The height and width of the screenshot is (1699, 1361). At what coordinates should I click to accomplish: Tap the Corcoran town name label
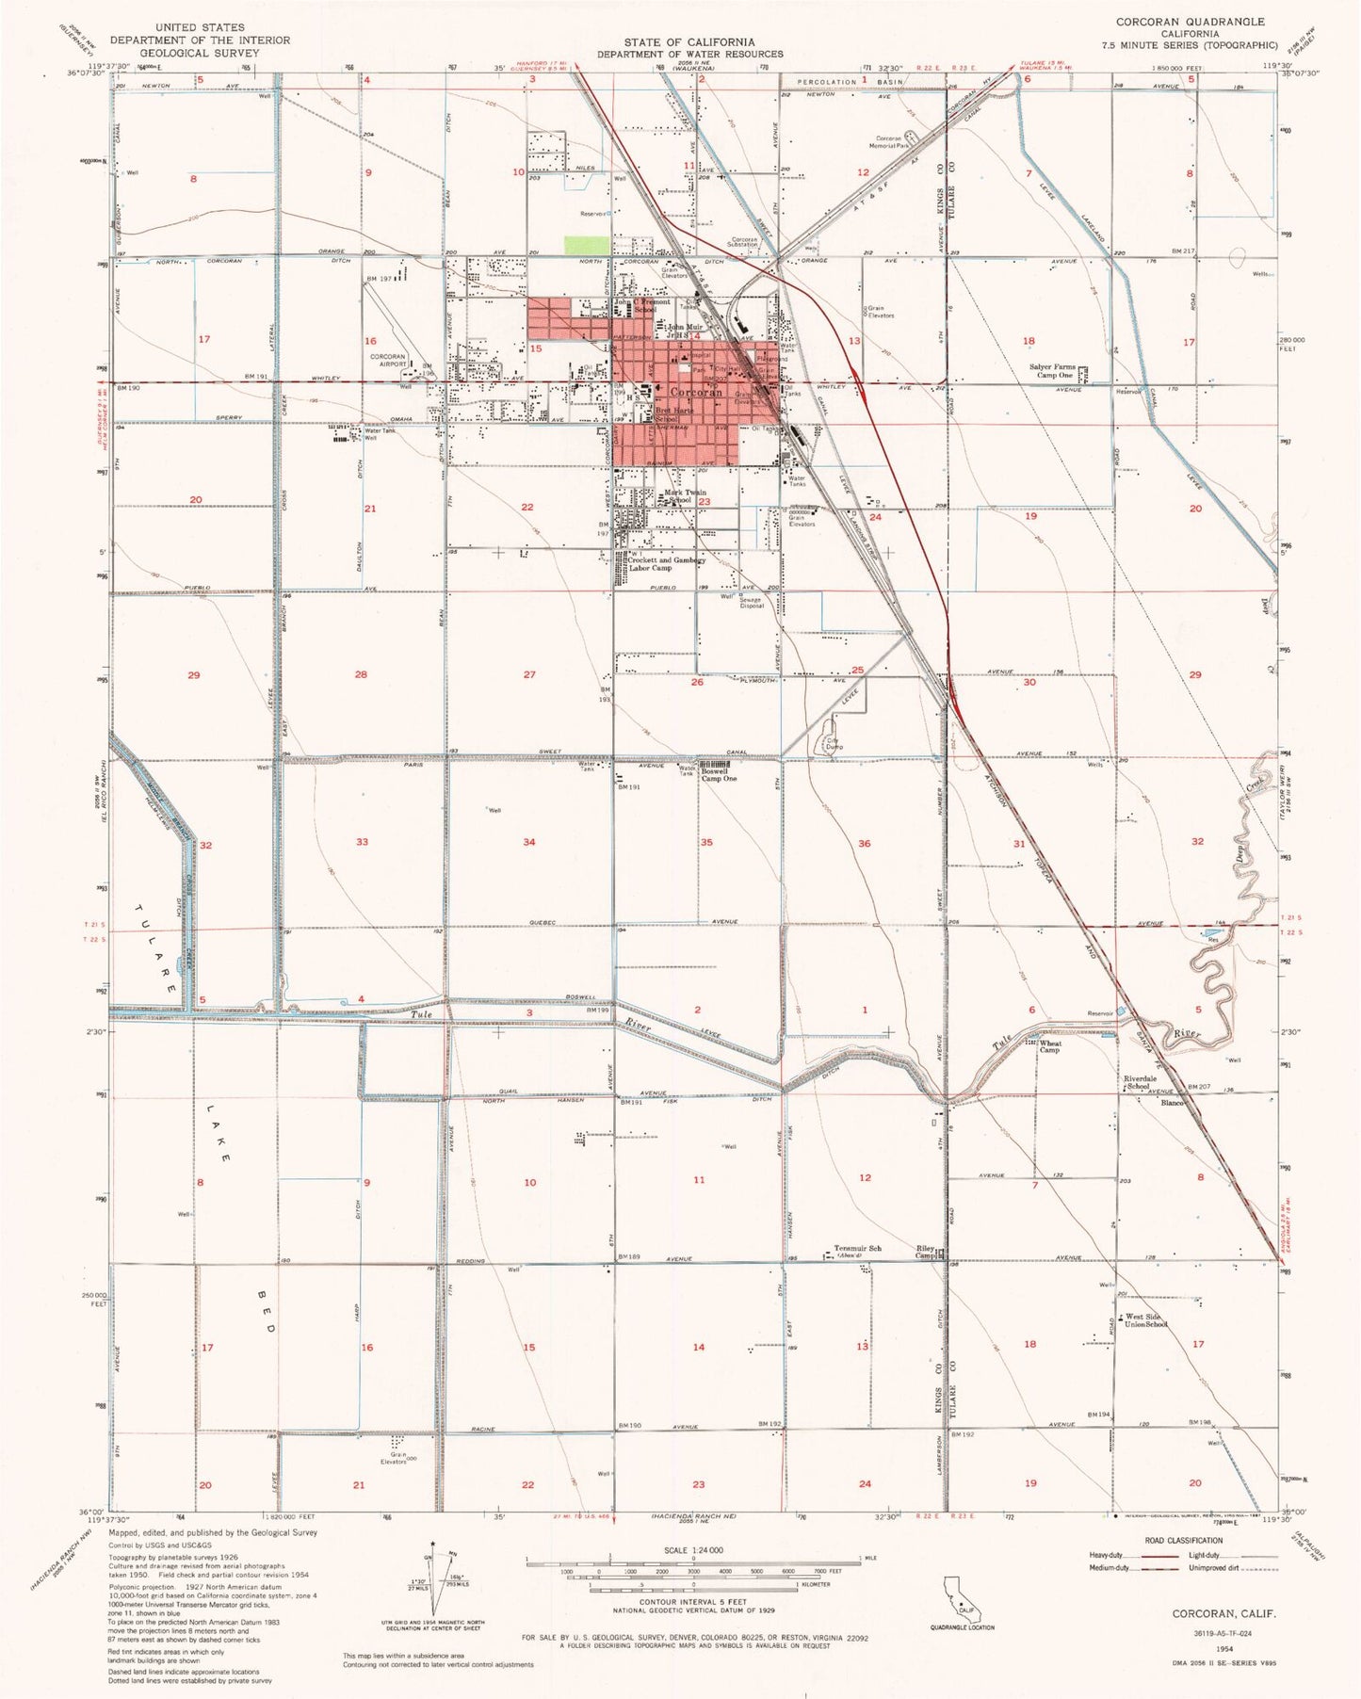coord(696,392)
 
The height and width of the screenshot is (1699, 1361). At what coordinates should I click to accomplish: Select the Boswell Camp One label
coord(719,775)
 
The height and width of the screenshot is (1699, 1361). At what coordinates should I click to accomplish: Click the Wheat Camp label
coord(1049,1046)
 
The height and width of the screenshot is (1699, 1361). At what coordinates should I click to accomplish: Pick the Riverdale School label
coord(1140,1082)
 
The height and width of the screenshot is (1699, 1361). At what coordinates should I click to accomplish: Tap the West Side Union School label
coord(1145,1320)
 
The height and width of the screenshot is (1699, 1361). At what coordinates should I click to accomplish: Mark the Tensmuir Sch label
coord(857,1249)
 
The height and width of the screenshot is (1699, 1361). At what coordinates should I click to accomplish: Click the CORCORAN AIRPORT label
coord(387,361)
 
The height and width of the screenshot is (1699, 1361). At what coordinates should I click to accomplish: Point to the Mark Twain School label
coord(685,496)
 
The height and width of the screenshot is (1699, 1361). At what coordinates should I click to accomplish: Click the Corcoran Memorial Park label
coord(888,142)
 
